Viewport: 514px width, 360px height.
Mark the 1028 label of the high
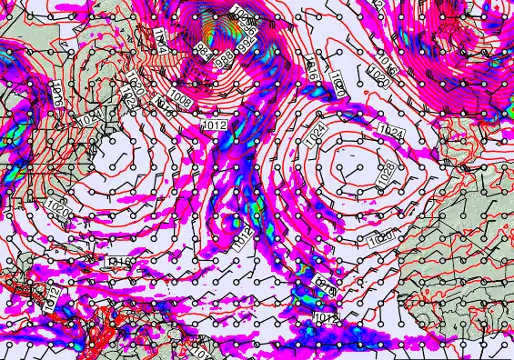click(386, 169)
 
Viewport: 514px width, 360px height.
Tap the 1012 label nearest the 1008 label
click(216, 124)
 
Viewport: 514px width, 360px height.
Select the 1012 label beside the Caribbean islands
click(52, 296)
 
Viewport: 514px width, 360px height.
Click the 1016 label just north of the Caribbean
click(119, 262)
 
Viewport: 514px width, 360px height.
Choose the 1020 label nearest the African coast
click(382, 238)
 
